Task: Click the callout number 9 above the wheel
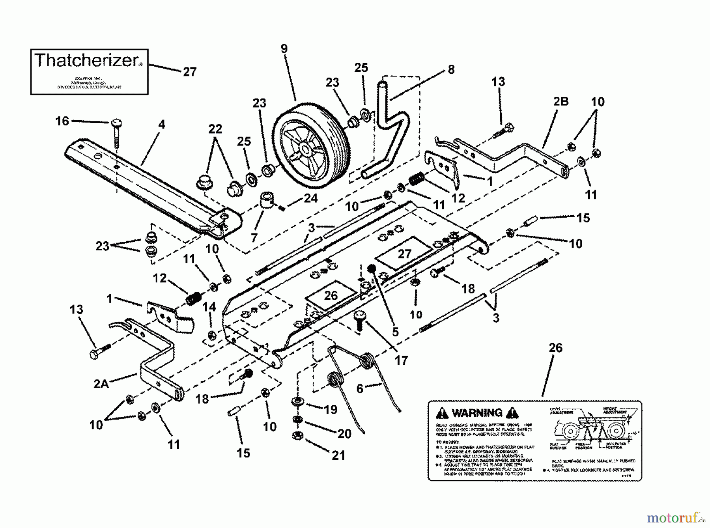click(284, 49)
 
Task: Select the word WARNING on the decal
click(477, 413)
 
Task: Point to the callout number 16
click(62, 121)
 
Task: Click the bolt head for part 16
click(116, 123)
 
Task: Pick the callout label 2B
click(561, 102)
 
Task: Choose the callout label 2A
click(101, 383)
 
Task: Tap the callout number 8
click(451, 69)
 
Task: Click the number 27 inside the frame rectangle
click(404, 254)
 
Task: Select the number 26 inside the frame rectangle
click(331, 295)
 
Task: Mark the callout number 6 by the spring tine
click(360, 389)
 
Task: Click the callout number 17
click(401, 360)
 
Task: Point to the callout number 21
click(338, 455)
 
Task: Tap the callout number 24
click(310, 198)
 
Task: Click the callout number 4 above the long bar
click(161, 125)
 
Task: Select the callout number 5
click(395, 332)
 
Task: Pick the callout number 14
click(209, 306)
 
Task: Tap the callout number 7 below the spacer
click(254, 237)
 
